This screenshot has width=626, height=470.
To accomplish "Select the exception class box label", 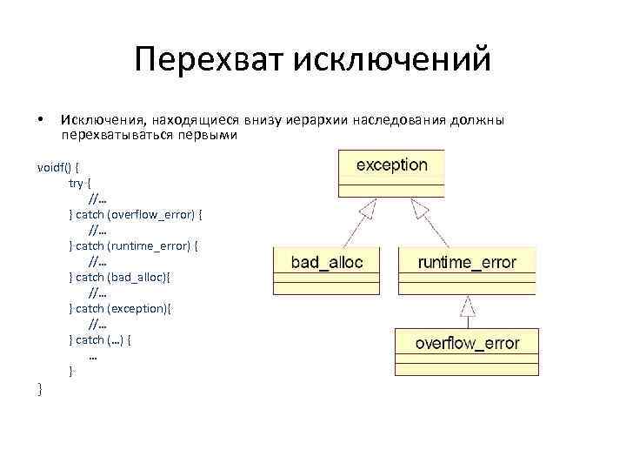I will point(391,164).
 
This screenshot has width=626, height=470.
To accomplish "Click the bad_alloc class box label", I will point(327,262).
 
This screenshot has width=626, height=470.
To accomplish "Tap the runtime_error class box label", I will point(467,262).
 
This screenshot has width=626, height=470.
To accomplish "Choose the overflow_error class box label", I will point(467,343).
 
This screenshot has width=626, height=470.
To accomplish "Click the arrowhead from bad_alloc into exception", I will point(369,207).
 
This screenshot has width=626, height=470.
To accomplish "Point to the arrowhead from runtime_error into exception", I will point(421,207).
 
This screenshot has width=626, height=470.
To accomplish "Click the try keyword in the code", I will point(77,184).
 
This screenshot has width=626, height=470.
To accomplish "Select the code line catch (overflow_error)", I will point(137,214).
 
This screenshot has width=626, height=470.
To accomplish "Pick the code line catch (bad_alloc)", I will point(122,277).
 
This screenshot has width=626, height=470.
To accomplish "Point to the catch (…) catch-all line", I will point(102,339).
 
